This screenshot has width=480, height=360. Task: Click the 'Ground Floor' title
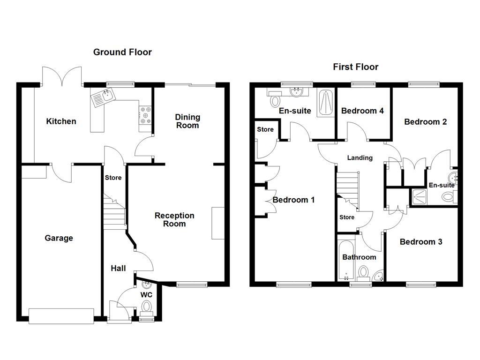pyautogui.click(x=122, y=52)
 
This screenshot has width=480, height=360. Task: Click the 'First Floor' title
pyautogui.click(x=355, y=67)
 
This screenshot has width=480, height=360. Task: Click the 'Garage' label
pyautogui.click(x=59, y=238)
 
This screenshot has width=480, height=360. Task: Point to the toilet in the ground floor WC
pyautogui.click(x=147, y=307)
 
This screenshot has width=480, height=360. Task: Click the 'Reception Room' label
pyautogui.click(x=174, y=219)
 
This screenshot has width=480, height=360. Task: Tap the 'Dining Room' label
pyautogui.click(x=187, y=121)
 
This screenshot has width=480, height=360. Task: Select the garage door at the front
pyautogui.click(x=61, y=316)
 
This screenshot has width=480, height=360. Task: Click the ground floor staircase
pyautogui.click(x=114, y=213)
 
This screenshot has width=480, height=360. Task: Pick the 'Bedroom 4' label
pyautogui.click(x=362, y=111)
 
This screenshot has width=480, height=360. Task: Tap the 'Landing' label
pyautogui.click(x=360, y=158)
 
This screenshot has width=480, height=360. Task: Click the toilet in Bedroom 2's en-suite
pyautogui.click(x=448, y=197)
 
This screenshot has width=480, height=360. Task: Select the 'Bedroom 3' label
pyautogui.click(x=420, y=242)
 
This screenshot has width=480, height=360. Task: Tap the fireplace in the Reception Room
pyautogui.click(x=217, y=223)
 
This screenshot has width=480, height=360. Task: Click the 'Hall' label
pyautogui.click(x=118, y=269)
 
